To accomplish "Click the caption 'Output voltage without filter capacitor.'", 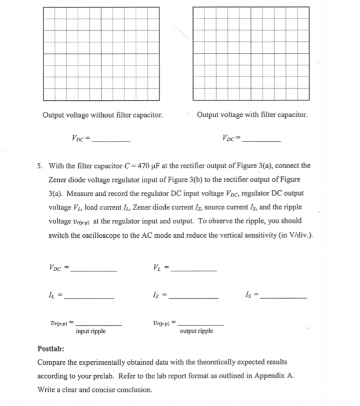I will pyautogui.click(x=103, y=115).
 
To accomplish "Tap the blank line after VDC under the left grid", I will pyautogui.click(x=111, y=141).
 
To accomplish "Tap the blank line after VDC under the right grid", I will pyautogui.click(x=262, y=141).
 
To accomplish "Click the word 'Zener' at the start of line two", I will pyautogui.click(x=59, y=180).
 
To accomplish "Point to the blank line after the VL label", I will pyautogui.click(x=194, y=270).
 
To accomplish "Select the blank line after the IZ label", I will pyautogui.click(x=194, y=297).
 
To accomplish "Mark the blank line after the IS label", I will pyautogui.click(x=284, y=297).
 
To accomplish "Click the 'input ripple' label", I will pyautogui.click(x=90, y=331).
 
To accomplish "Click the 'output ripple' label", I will pyautogui.click(x=197, y=331).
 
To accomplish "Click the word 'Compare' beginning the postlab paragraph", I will pyautogui.click(x=52, y=362).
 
